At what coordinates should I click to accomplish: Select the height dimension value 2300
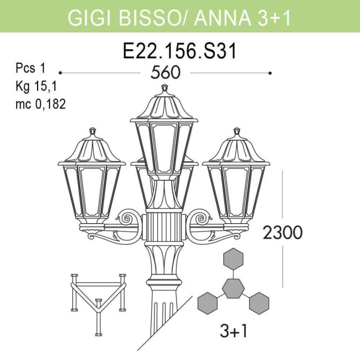click(282, 233)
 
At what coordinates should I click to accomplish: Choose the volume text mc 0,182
click(40, 104)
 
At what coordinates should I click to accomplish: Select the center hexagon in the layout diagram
click(233, 289)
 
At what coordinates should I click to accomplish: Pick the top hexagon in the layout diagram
click(233, 259)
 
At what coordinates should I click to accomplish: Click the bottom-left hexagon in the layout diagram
click(208, 302)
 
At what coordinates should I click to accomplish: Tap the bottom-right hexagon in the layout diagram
click(259, 302)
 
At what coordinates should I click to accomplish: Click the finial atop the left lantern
click(92, 132)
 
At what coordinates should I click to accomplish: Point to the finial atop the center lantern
click(164, 88)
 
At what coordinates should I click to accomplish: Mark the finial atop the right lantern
click(237, 132)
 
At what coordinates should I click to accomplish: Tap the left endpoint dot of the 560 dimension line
click(60, 73)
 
